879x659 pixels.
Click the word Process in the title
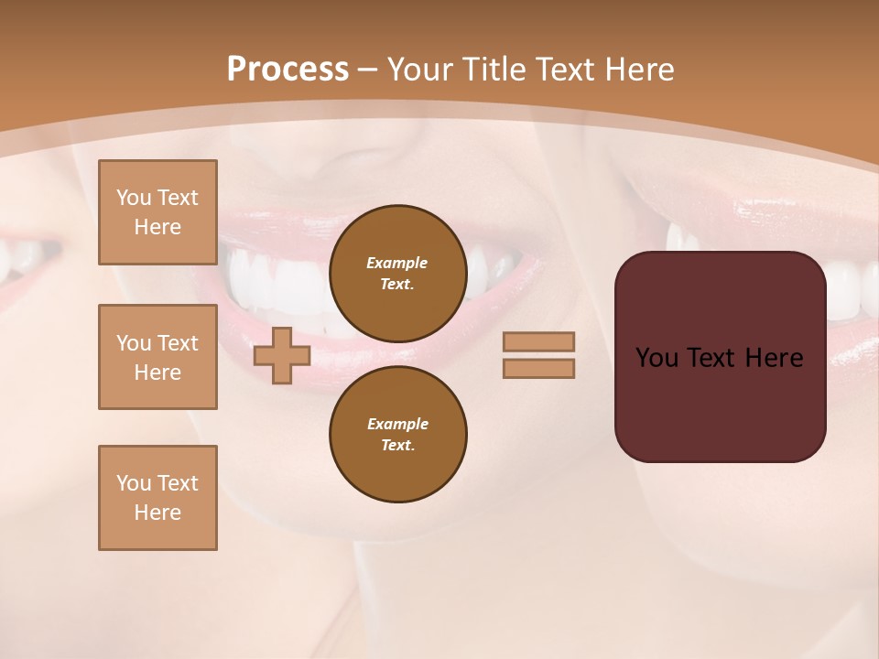(288, 70)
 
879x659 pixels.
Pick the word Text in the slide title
(562, 70)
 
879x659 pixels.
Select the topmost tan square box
(157, 212)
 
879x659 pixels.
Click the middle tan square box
(157, 357)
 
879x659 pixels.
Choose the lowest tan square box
(157, 498)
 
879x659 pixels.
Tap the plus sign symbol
(282, 355)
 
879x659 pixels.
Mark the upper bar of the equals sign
(538, 341)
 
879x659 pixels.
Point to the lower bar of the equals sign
(538, 369)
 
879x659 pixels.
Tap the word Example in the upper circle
(397, 263)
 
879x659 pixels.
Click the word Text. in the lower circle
(397, 445)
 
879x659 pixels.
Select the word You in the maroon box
(657, 358)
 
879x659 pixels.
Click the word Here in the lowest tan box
(157, 513)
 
